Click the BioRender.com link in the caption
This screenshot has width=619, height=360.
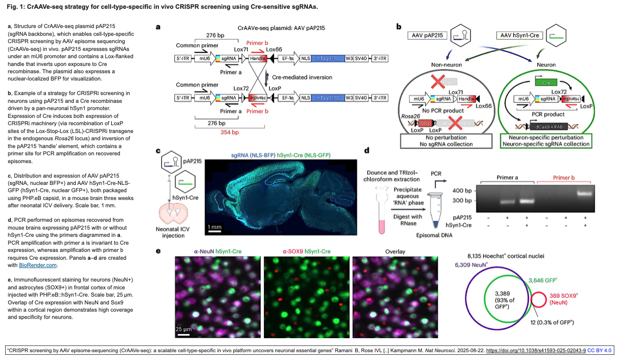(38, 265)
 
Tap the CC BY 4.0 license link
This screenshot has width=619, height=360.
(599, 351)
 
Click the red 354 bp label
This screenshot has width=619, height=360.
(230, 132)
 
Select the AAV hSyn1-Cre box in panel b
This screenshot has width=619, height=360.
(519, 35)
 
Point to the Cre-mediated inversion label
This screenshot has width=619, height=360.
(302, 77)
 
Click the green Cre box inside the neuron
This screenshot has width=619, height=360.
(546, 82)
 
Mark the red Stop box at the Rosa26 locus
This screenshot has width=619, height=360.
(425, 123)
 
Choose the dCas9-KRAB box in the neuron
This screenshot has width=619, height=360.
(548, 127)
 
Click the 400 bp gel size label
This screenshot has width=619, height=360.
(462, 191)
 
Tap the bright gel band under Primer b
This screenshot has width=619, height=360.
(585, 193)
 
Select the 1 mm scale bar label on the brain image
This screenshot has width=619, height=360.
(215, 227)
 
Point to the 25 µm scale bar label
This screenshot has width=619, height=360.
(183, 329)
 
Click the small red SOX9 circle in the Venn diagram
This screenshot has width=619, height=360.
(539, 300)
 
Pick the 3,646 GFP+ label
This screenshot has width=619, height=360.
(543, 281)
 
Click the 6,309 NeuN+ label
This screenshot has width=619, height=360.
(472, 265)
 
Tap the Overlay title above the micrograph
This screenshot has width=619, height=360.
(395, 251)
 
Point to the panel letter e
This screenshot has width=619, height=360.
(158, 251)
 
